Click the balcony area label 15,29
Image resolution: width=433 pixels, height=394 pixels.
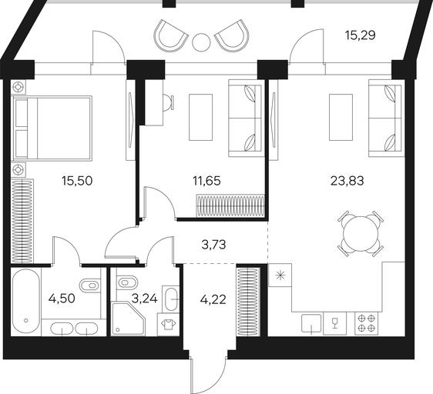[x=360, y=35]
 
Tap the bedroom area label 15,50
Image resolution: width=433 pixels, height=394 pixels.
[x=77, y=181]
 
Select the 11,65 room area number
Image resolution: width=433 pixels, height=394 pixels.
[x=206, y=181]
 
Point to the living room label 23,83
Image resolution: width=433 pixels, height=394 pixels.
[x=347, y=181]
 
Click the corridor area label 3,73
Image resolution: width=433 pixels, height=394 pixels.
[x=213, y=245]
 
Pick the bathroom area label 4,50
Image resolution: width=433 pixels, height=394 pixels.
[x=62, y=299]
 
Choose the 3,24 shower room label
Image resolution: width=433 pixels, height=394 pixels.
[x=144, y=299]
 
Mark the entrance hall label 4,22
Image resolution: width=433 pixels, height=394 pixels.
[x=213, y=299]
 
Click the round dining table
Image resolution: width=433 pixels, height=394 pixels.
[x=361, y=233]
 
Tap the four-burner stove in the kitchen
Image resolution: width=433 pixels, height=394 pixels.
[x=367, y=324]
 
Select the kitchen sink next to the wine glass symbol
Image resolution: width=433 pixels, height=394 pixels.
[x=311, y=324]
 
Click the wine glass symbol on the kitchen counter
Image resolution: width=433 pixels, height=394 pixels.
[x=335, y=322]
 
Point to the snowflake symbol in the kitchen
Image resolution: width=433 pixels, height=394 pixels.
[x=280, y=275]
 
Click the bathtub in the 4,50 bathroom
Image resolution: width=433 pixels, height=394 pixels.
[x=26, y=302]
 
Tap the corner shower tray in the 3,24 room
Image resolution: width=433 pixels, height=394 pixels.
[x=128, y=319]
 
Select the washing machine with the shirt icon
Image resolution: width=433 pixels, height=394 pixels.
[x=168, y=325]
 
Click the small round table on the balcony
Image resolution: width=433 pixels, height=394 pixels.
[x=201, y=42]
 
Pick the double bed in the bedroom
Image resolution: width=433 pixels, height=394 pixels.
[x=52, y=128]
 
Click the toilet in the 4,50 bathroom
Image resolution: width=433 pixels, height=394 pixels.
[x=89, y=285]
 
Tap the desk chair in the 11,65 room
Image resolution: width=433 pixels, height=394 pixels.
[x=169, y=102]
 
